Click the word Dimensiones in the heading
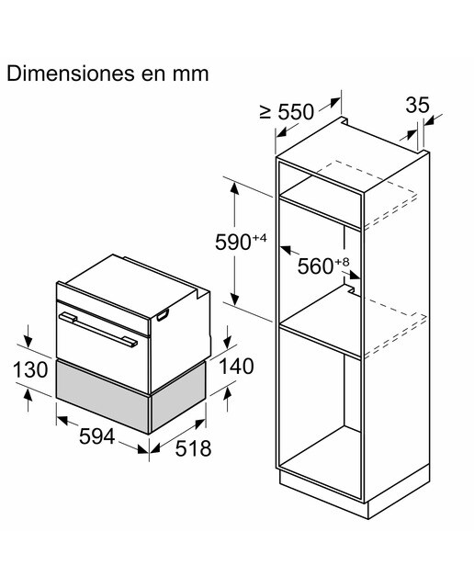[71, 73]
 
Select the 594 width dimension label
[96, 436]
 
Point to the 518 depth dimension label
[193, 448]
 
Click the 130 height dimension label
[30, 369]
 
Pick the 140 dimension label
[236, 367]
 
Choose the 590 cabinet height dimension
[233, 243]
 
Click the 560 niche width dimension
[315, 266]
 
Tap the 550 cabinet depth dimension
[296, 112]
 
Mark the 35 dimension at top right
[417, 105]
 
